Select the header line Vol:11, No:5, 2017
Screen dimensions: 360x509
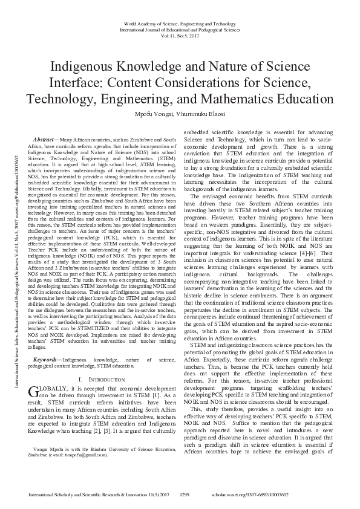click(x=180, y=36)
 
